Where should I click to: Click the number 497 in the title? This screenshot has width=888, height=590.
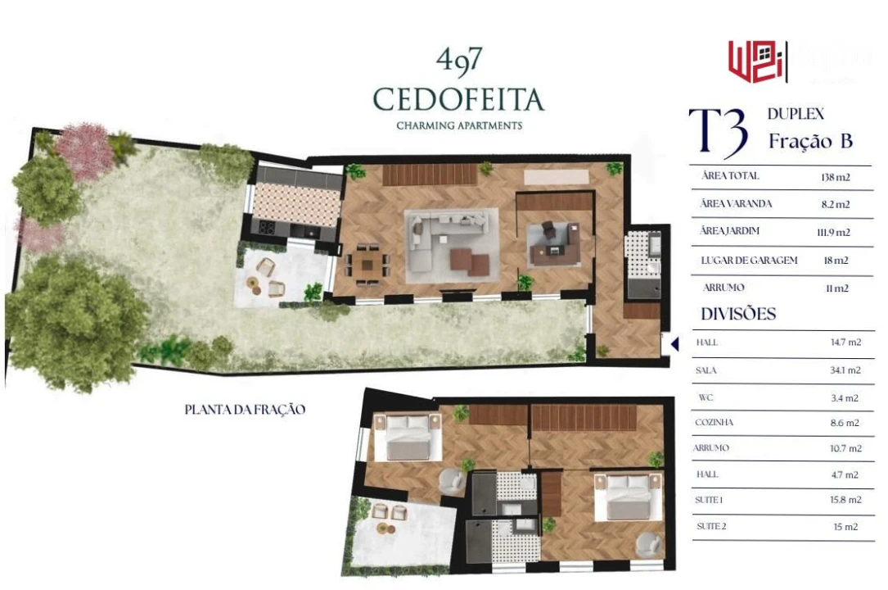[458, 60]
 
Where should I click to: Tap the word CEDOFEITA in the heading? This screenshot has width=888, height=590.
[458, 99]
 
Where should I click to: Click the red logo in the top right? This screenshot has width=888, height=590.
[757, 61]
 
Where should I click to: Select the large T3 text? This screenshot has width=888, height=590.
[718, 132]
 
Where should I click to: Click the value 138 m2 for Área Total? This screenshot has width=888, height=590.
[835, 177]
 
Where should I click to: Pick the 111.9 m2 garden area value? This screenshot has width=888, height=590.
[835, 232]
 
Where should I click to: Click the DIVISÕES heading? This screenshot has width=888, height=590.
[738, 315]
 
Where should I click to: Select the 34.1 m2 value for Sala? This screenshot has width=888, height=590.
[845, 370]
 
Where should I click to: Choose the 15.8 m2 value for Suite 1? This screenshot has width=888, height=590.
[845, 500]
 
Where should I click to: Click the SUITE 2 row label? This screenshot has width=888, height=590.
[711, 526]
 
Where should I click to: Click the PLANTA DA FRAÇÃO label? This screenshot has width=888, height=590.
[245, 409]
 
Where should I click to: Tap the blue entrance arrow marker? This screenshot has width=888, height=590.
[674, 344]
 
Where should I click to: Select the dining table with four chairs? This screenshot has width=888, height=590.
[367, 263]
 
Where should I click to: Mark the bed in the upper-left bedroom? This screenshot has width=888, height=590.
[408, 438]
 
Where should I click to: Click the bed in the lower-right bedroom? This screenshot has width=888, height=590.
[628, 497]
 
